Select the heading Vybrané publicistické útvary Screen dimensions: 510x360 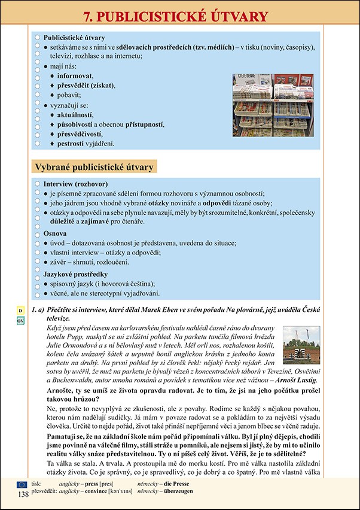click(93, 166)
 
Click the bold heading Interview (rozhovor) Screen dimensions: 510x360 click(75, 184)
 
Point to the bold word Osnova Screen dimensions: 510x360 click(55, 233)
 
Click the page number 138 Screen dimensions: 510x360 click(23, 494)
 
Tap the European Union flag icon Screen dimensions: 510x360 click(22, 484)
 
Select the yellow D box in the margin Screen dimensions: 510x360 click(20, 311)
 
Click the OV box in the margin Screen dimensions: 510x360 click(20, 321)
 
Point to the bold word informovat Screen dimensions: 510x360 click(75, 76)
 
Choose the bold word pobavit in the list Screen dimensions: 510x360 click(69, 95)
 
